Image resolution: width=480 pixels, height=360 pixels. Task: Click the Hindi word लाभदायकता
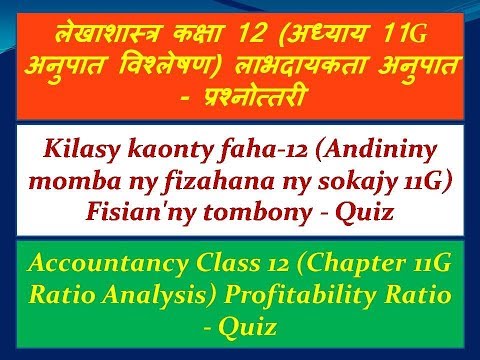click(x=325, y=70)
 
